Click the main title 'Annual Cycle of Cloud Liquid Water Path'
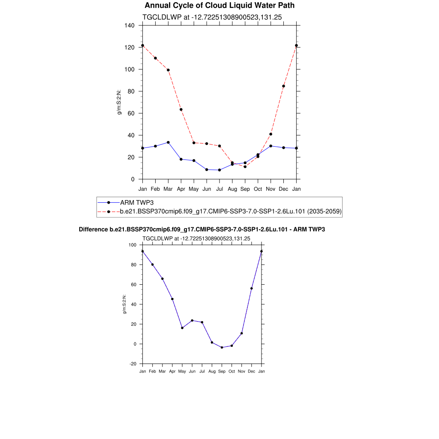[219, 6]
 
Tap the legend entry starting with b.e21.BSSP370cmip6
[231, 211]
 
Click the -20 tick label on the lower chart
[132, 364]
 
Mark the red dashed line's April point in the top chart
[181, 109]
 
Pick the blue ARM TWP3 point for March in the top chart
[168, 142]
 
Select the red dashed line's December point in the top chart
[283, 86]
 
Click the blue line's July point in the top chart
[219, 170]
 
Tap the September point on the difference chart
[222, 347]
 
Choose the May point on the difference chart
[182, 328]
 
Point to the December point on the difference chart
[252, 289]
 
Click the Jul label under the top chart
[219, 189]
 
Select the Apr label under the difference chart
[172, 371]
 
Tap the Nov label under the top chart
[271, 189]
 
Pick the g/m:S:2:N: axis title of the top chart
[120, 102]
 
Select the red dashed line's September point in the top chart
[245, 166]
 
